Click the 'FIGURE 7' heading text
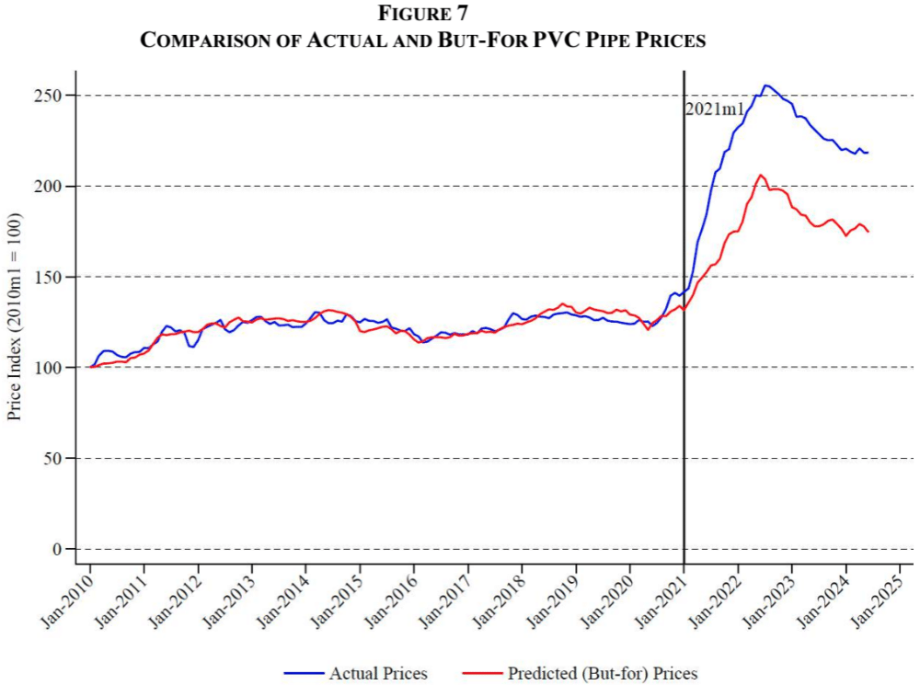(422, 14)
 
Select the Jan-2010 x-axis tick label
(68, 603)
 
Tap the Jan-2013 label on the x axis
(230, 603)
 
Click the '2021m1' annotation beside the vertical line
(714, 109)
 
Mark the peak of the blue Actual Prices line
(766, 86)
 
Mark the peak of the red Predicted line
(760, 175)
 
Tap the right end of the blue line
(868, 153)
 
